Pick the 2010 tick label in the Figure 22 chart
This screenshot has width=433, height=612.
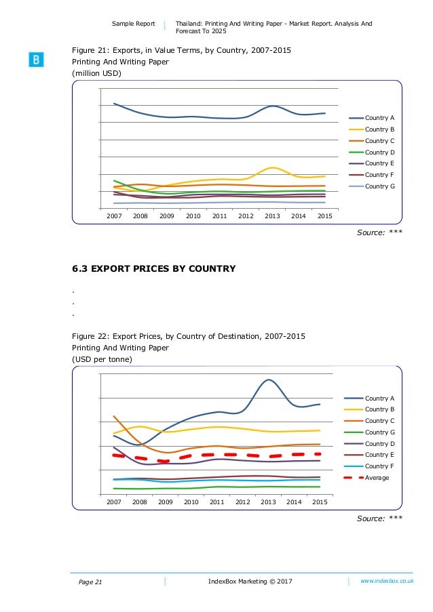tap(191, 502)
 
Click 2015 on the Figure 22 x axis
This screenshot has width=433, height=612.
tap(320, 502)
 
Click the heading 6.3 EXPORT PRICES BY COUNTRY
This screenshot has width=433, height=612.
tap(154, 269)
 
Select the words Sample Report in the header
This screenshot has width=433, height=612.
tap(134, 24)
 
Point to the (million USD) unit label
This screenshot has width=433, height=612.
tap(97, 73)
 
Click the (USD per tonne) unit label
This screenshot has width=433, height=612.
tap(102, 359)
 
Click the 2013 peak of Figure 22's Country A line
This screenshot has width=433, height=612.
tap(269, 380)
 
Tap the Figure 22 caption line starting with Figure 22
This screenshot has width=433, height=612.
tap(189, 336)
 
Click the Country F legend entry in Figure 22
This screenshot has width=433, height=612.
tap(375, 466)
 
